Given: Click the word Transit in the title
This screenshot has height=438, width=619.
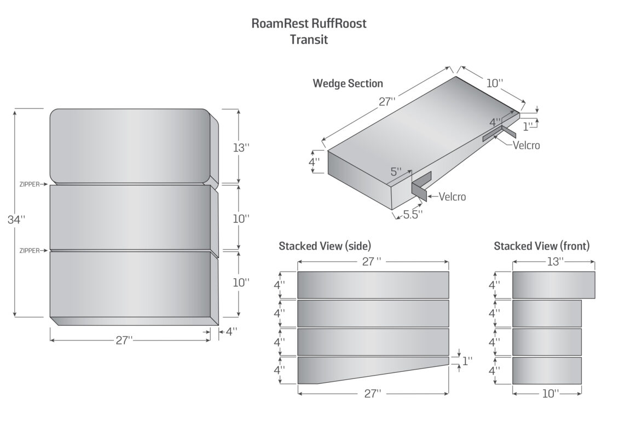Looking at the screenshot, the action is pos(309,39).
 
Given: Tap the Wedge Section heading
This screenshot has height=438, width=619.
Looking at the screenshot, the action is pos(348,83).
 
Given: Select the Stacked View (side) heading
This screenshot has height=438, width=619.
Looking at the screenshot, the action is pos(325,246).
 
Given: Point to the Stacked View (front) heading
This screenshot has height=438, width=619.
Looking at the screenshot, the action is pos(542,246).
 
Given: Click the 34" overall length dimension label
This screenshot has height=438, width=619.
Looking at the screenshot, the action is pos(16,220).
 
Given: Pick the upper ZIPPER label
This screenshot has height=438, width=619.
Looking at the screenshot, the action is pos(30,185).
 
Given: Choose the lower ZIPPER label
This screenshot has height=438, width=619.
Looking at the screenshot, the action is pos(30,251).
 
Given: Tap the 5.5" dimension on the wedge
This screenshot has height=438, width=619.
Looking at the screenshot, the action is pos(413,215).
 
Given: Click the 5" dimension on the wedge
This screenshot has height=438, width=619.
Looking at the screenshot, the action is pos(396,172).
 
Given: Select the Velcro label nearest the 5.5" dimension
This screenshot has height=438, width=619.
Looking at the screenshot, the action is pos(453,197).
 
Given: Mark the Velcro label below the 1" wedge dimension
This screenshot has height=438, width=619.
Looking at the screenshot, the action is pos(526,145).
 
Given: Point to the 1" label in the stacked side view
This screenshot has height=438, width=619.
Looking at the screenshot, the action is pos(467,361).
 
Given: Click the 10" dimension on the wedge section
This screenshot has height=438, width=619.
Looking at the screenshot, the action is pos(495,83).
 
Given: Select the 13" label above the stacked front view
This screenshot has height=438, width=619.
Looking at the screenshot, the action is pos(555,262).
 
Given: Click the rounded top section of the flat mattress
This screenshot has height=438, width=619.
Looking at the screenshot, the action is pos(130,147).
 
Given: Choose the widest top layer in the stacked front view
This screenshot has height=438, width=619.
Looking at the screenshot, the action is pos(553,285).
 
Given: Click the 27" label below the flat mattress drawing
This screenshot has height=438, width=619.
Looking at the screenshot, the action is pos(124,340).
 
